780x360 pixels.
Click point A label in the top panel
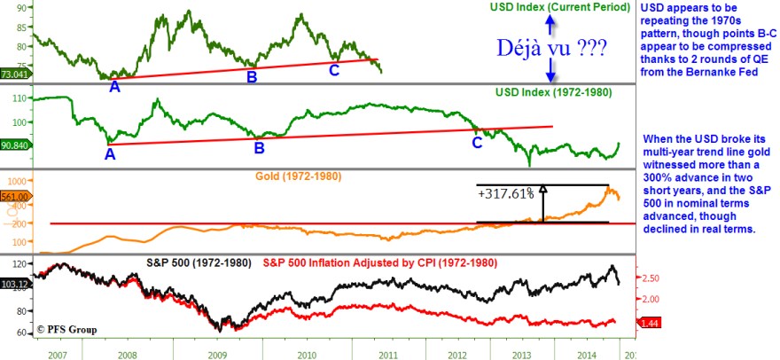[x=113, y=87]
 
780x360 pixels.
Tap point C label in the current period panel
[x=334, y=69]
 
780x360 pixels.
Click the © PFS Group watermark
[x=67, y=329]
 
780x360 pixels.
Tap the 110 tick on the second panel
[x=17, y=98]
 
